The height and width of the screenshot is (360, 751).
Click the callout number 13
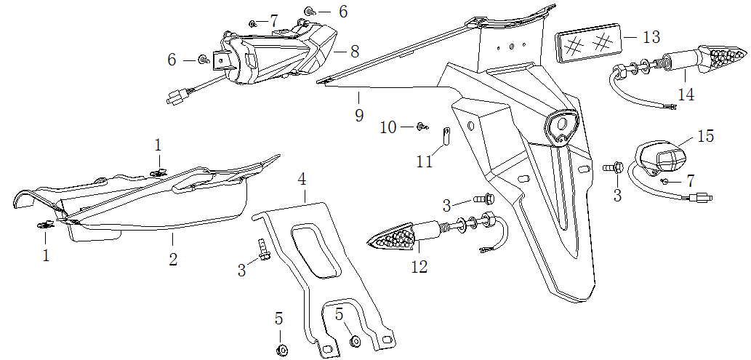click(x=651, y=36)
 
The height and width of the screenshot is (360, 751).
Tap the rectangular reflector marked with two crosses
click(x=590, y=44)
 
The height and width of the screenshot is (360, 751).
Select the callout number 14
click(x=686, y=95)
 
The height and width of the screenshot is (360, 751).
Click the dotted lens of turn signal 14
click(x=723, y=56)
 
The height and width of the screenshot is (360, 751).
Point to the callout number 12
click(x=419, y=267)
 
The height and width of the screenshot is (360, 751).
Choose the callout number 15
click(x=705, y=136)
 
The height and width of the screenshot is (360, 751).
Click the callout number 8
click(x=354, y=52)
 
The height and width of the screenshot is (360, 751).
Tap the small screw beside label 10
click(x=420, y=128)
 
